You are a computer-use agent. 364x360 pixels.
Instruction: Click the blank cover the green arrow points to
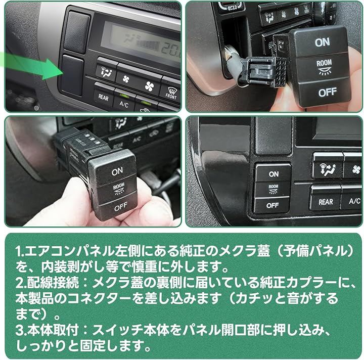coord(72,75)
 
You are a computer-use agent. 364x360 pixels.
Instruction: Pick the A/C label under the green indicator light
coord(124,104)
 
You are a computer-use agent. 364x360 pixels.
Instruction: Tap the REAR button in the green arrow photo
coord(103,97)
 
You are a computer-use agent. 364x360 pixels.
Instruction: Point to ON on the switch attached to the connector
coord(322,42)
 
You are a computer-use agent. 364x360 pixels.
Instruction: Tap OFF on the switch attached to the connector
coord(327,93)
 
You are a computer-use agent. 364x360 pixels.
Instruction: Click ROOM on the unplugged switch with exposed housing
coord(119,186)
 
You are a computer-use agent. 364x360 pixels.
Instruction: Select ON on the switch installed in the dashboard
coord(274,174)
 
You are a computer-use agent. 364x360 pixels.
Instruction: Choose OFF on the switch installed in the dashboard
coord(272,205)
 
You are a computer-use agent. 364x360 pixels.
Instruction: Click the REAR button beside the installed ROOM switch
coord(326,202)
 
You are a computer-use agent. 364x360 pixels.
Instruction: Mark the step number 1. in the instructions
coord(20,251)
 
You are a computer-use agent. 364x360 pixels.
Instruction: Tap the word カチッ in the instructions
coord(253,298)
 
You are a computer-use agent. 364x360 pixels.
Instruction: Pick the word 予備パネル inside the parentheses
coord(315,251)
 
